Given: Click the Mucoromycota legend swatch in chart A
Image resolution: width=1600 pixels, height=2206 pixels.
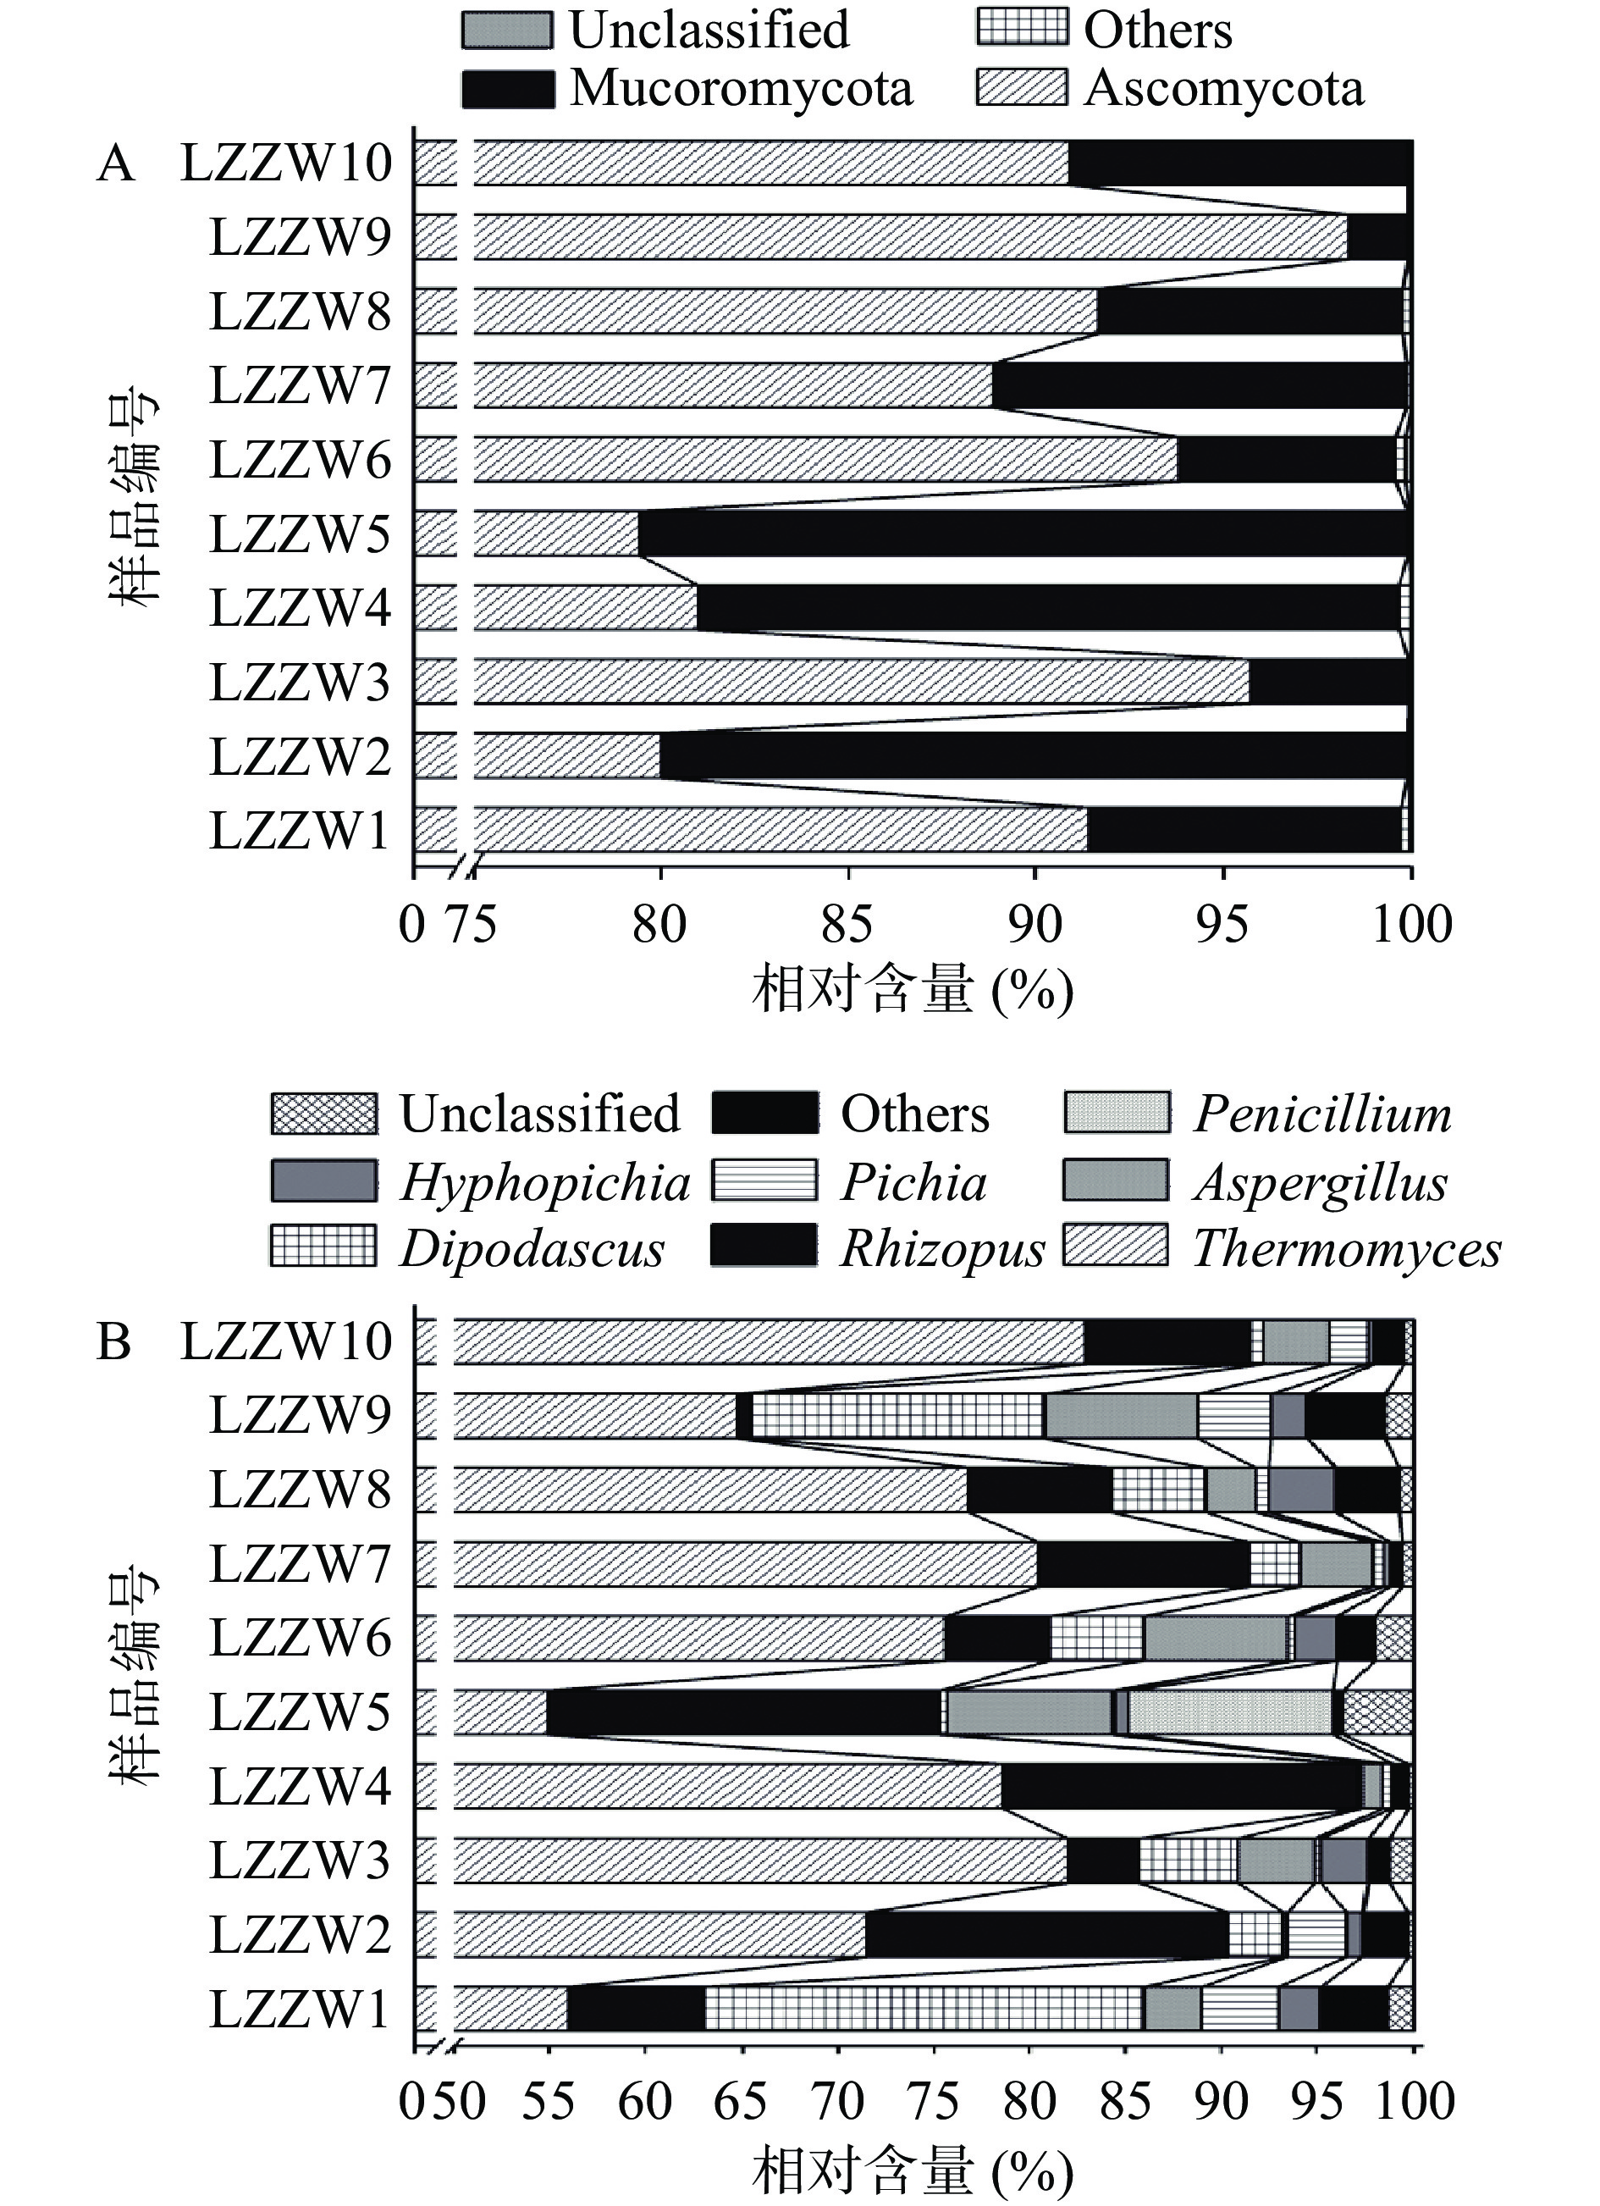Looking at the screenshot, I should point(508,89).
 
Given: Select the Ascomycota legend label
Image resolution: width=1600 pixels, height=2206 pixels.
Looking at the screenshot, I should point(1223,89).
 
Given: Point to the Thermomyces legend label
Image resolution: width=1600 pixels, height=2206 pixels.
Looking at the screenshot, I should point(1346,1249).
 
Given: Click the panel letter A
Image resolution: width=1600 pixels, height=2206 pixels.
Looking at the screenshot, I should point(116,163).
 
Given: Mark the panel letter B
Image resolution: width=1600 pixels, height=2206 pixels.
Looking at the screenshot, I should point(113,1342).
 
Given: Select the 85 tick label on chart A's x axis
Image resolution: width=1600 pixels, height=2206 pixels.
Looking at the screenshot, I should point(847,924).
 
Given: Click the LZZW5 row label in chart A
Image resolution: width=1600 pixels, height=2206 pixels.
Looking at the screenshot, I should point(300,534).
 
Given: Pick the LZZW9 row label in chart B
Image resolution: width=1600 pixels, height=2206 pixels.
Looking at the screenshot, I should point(300,1415).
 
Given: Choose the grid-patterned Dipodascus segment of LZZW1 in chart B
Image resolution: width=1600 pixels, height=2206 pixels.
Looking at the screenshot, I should point(924,2009).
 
